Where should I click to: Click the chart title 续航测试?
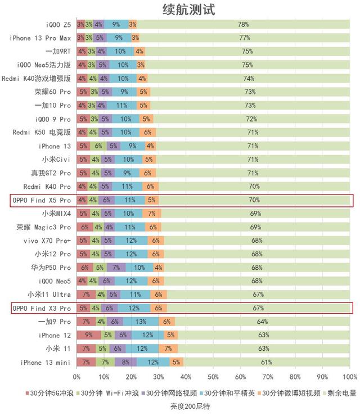[180, 10]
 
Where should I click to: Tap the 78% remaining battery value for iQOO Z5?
[243, 25]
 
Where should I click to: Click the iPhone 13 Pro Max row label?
[40, 38]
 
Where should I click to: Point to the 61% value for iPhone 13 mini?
[266, 362]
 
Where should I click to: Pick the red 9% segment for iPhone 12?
[89, 335]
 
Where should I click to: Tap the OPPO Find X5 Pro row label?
[42, 200]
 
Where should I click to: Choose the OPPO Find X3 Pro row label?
[42, 308]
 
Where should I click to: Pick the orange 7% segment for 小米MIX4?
[152, 214]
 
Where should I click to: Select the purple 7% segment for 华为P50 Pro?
[116, 268]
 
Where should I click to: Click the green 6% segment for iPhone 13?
[98, 146]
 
